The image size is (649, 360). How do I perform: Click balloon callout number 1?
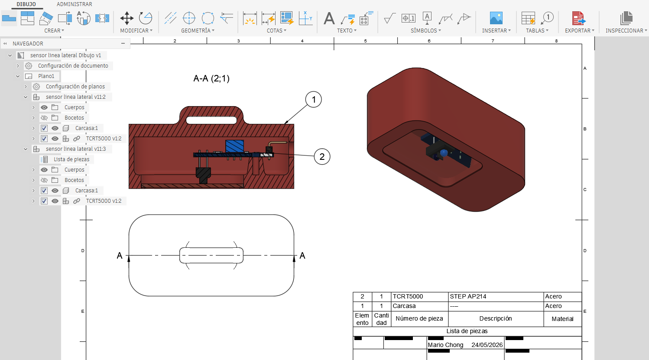(x=314, y=100)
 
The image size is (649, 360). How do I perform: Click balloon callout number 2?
(x=322, y=157)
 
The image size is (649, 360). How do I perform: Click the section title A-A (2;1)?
(x=211, y=78)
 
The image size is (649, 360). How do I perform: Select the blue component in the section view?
(x=234, y=146)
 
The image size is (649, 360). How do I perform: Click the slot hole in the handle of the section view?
(x=211, y=120)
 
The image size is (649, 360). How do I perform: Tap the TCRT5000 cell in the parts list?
(x=408, y=296)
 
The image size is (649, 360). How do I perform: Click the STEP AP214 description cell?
(x=468, y=296)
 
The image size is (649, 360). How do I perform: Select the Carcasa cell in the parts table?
(x=404, y=306)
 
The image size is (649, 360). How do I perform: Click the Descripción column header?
(x=496, y=318)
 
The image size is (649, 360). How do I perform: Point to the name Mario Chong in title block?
(x=445, y=345)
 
